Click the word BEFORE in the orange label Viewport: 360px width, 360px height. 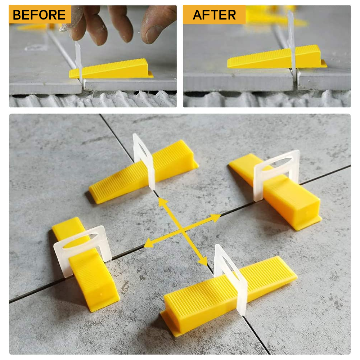39,15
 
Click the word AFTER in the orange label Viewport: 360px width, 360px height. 214,15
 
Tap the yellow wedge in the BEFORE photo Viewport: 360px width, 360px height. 111,68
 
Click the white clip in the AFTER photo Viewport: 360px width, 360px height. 292,46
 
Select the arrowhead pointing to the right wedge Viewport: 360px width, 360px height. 216,218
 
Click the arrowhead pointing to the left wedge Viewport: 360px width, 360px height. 149,243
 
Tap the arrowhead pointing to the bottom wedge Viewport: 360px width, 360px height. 203,261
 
